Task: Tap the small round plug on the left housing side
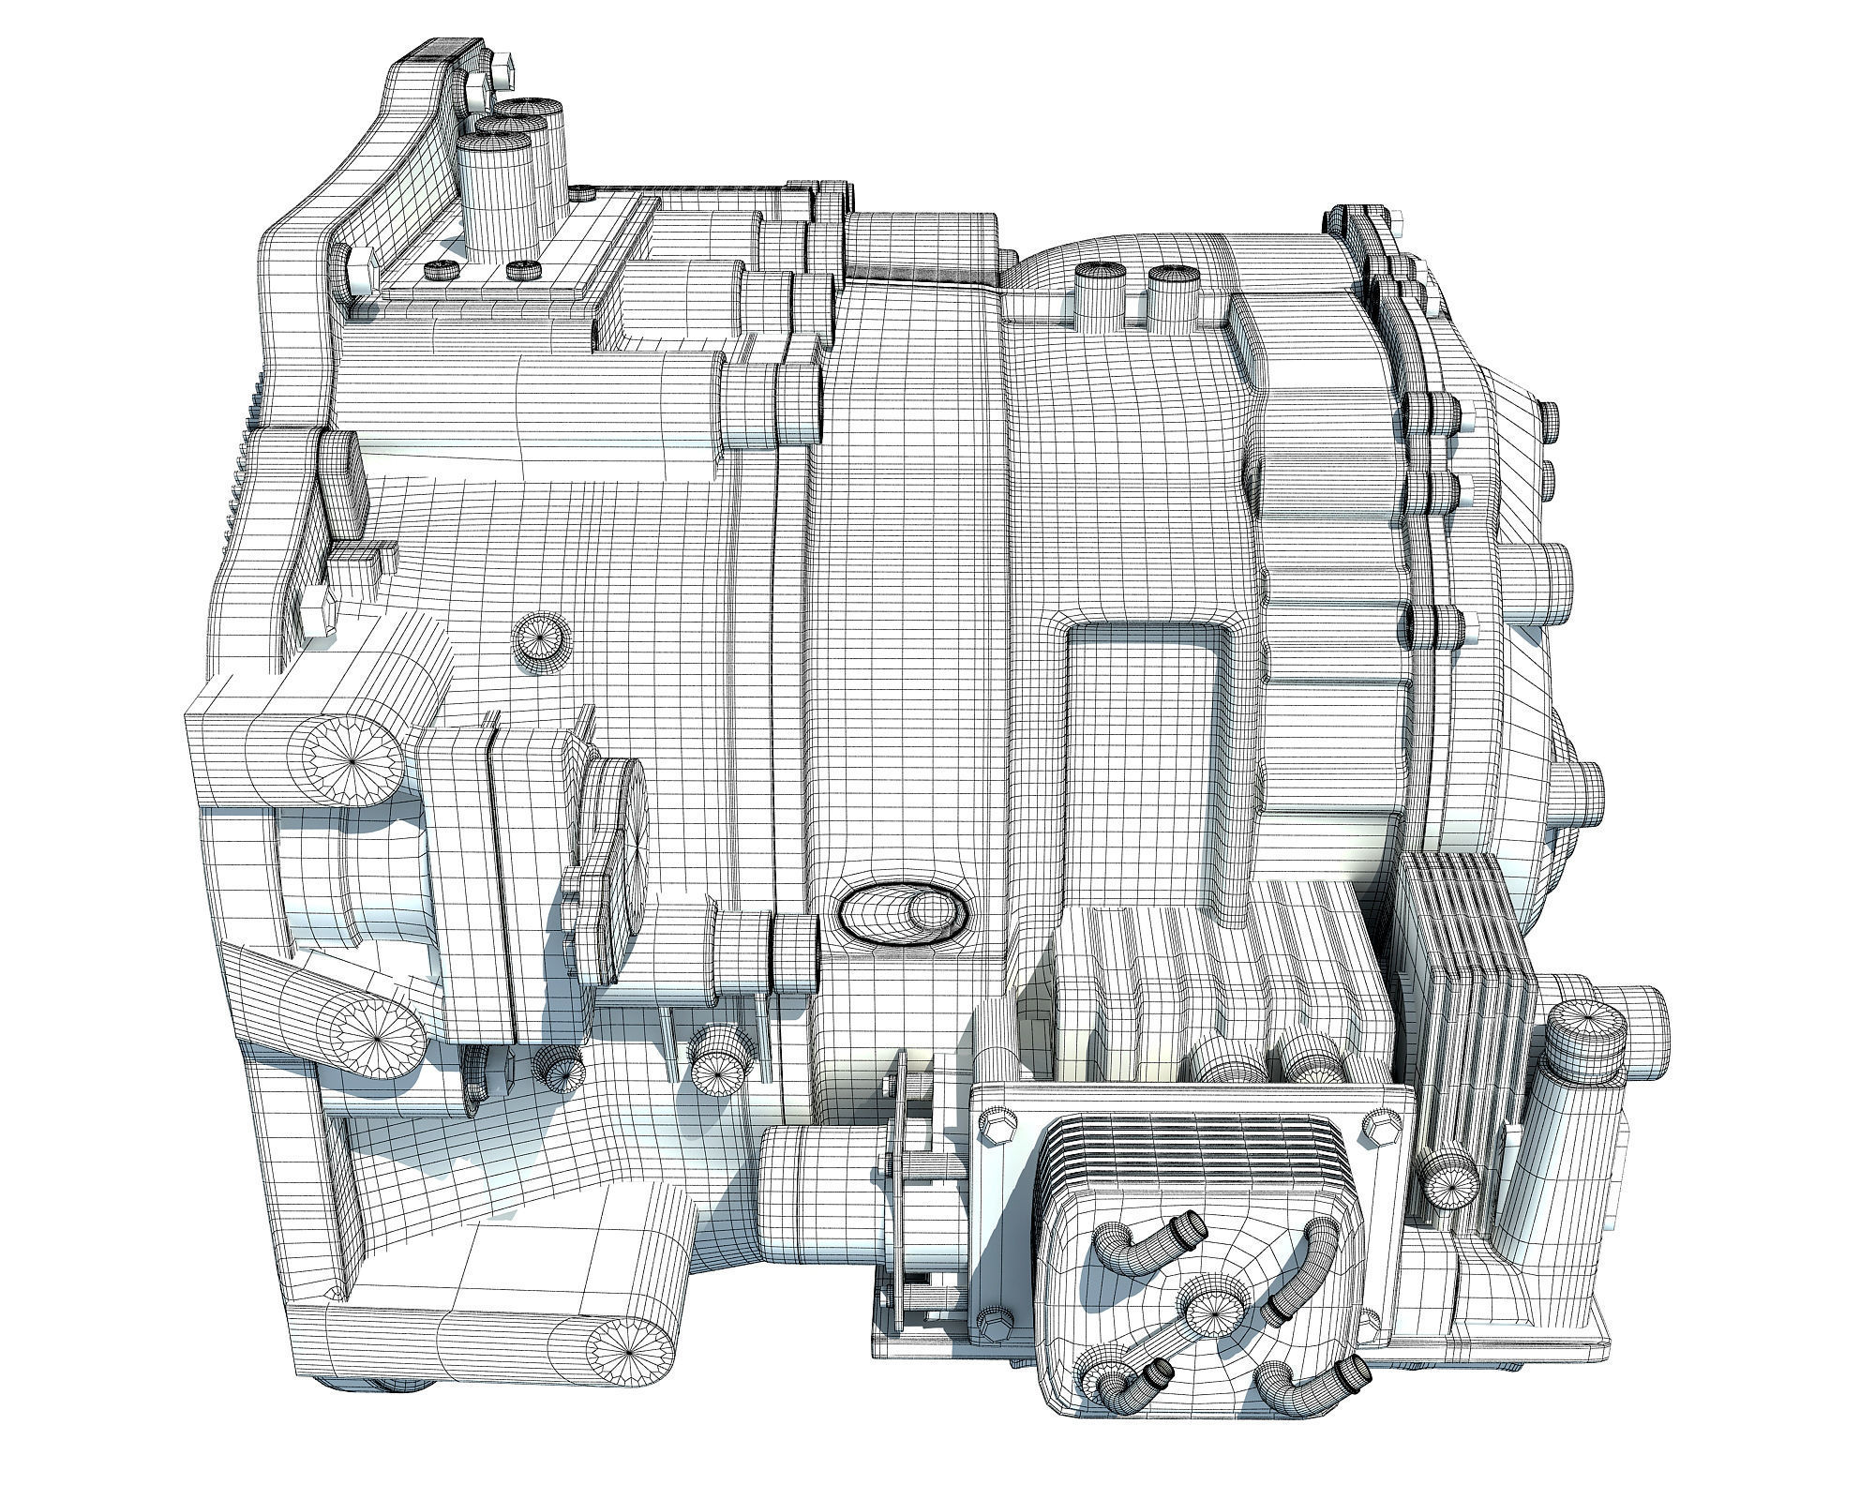point(542,642)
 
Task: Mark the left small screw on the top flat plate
point(440,271)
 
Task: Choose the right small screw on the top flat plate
point(523,271)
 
